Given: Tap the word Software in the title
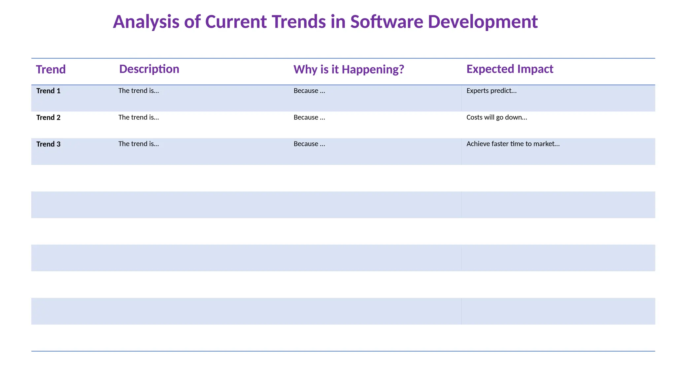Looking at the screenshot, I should [x=387, y=22].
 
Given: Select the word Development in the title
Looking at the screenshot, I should [x=483, y=22].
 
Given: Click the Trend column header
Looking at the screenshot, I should [x=51, y=70].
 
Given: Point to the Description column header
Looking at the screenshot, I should [x=149, y=69].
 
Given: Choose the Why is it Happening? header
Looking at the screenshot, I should [x=349, y=70].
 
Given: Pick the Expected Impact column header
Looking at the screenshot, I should [x=510, y=69].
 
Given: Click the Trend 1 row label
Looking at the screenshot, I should [x=48, y=91].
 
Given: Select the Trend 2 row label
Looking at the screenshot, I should [x=48, y=118].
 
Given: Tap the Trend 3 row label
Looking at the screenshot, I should [x=48, y=144].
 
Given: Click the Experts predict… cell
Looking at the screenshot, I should [x=491, y=91].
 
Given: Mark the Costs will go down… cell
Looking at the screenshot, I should [x=496, y=117].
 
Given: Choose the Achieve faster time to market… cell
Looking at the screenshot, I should [x=513, y=144].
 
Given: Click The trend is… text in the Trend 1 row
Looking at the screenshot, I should [x=139, y=91].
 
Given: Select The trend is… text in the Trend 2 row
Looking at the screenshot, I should [x=139, y=117].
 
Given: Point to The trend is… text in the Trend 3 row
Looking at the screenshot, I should [x=139, y=144].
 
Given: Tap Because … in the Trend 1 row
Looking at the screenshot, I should [x=309, y=91].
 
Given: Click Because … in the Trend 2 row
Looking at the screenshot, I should [x=309, y=117].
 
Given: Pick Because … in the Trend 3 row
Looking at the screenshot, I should [x=309, y=144].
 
